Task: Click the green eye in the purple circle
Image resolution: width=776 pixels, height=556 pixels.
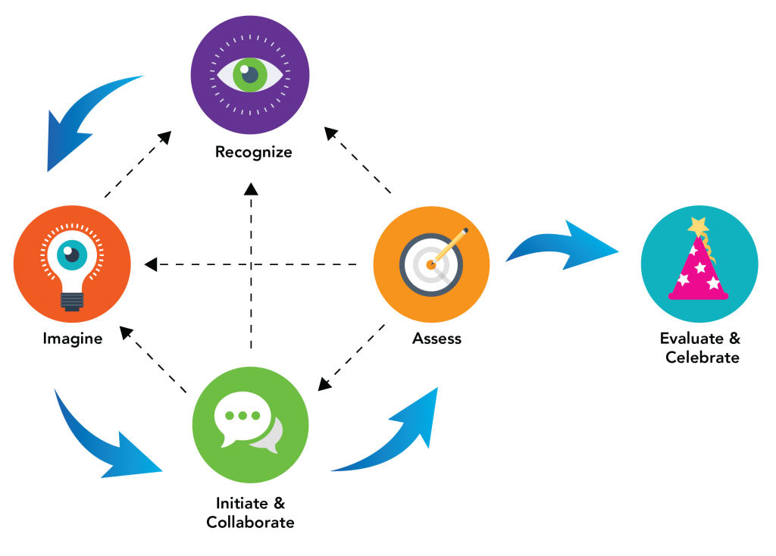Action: [x=249, y=74]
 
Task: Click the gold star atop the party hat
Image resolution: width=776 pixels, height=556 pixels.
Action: [x=698, y=225]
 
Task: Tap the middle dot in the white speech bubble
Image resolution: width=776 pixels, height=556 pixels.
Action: [x=242, y=416]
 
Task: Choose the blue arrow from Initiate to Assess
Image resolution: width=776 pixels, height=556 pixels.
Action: [x=394, y=439]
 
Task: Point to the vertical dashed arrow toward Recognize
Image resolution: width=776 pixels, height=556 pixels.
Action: [x=251, y=265]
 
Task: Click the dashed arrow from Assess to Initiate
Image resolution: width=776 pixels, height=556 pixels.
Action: [x=350, y=359]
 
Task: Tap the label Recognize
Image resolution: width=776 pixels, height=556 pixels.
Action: [x=254, y=151]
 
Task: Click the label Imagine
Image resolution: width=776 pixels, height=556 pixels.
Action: [x=72, y=339]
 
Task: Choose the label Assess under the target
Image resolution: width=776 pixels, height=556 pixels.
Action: [x=436, y=339]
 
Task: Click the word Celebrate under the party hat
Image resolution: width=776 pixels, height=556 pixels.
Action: [x=702, y=357]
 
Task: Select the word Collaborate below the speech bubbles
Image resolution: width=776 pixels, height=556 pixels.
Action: [x=250, y=523]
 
